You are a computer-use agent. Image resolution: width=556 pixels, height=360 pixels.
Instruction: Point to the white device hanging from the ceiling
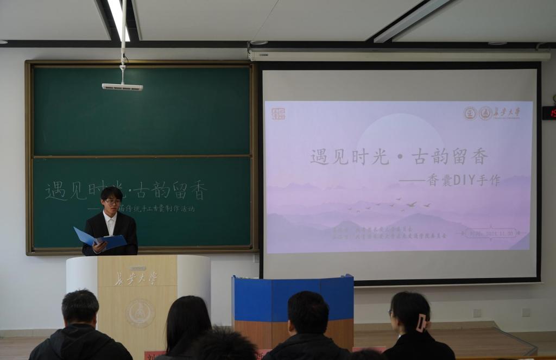click(122, 86)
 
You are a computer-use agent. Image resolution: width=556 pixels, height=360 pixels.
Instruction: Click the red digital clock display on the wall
click(549, 112)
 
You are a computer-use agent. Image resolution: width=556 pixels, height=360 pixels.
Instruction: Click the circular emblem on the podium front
click(140, 313)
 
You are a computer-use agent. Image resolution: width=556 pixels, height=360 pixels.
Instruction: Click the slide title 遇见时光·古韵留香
click(399, 157)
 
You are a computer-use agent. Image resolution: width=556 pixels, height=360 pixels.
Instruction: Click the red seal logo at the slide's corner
click(278, 113)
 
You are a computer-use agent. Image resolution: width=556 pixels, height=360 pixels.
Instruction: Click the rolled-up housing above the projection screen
click(399, 55)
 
